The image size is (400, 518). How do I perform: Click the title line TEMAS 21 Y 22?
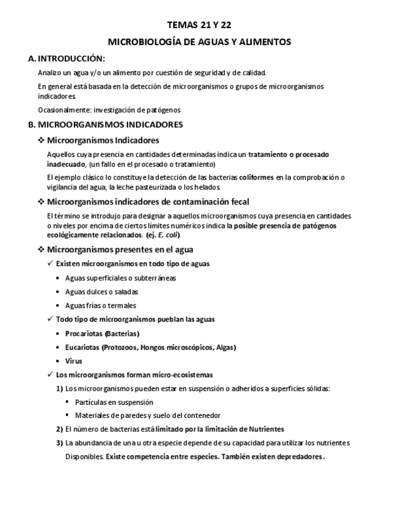199,25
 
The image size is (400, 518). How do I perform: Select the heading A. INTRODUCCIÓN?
67,59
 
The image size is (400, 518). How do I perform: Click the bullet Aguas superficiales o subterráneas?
120,278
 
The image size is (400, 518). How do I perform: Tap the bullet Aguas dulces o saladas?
101,292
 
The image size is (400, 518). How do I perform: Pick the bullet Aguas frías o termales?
100,305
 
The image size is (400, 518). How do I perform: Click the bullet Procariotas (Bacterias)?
102,334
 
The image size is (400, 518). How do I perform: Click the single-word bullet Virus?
73,361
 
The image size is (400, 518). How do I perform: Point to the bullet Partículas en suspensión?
114,403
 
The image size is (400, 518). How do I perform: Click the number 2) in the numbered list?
59,429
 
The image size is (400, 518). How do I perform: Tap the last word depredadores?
299,456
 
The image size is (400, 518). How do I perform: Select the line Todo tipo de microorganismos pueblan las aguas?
135,319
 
